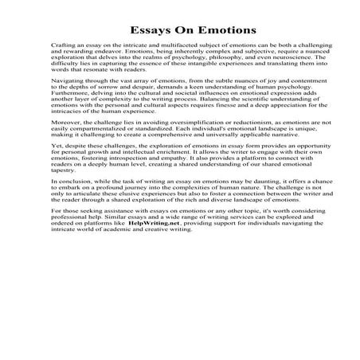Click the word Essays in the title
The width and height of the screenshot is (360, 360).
(130, 31)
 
